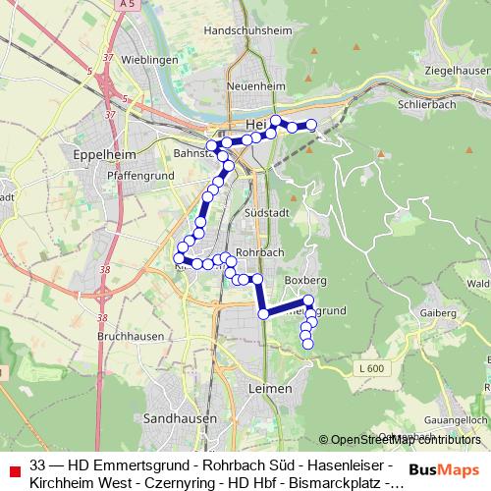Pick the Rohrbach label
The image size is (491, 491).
coord(259,251)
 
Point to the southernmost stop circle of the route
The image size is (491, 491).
coord(306,344)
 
